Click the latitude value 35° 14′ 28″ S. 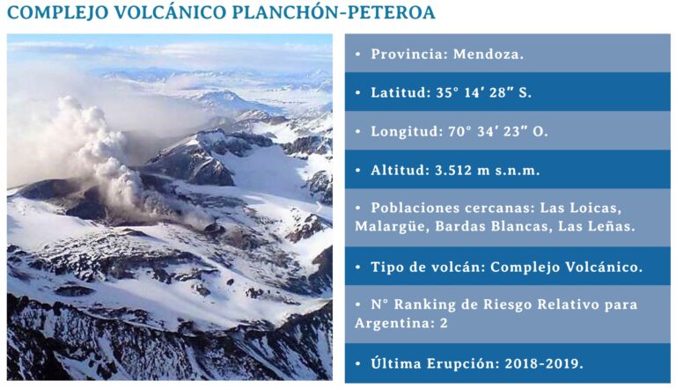click(x=476, y=92)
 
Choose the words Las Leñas click(x=602, y=226)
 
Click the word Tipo click(x=388, y=266)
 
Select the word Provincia click(x=408, y=54)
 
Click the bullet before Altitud click(x=358, y=170)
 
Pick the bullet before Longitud click(x=358, y=131)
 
